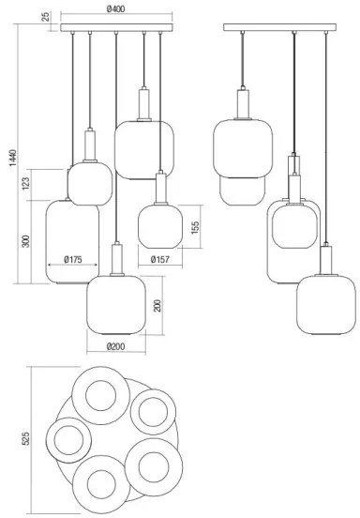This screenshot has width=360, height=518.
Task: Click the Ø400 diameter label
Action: pyautogui.click(x=116, y=8)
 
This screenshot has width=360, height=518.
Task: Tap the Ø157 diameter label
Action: pyautogui.click(x=159, y=260)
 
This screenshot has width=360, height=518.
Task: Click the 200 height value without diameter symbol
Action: pyautogui.click(x=157, y=305)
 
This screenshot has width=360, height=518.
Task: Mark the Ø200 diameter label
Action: pyautogui.click(x=115, y=346)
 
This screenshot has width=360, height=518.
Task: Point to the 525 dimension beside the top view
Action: pyautogui.click(x=25, y=438)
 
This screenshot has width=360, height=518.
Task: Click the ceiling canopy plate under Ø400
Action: pyautogui.click(x=116, y=28)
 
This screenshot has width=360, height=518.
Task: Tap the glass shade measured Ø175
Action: pyautogui.click(x=71, y=241)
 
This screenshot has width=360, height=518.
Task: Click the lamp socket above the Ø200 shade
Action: pyautogui.click(x=115, y=257)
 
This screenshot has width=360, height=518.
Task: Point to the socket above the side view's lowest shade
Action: pyautogui.click(x=324, y=258)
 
